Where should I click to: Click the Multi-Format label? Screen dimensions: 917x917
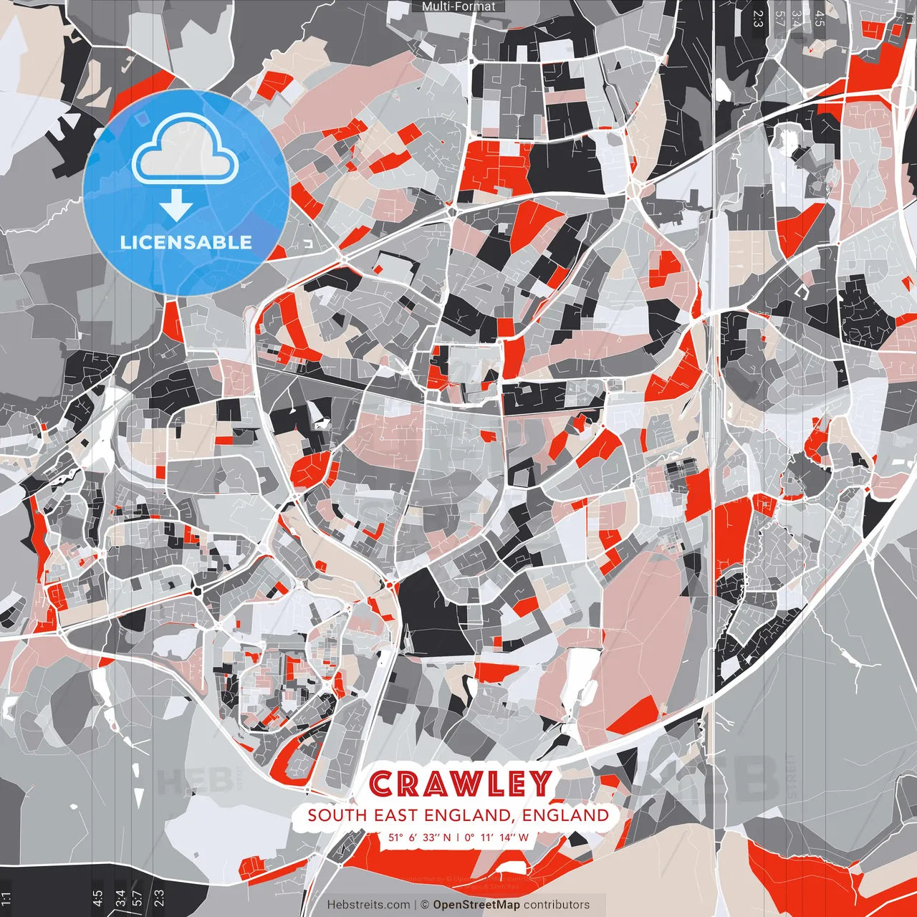point(458,6)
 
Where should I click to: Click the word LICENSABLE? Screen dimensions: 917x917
point(186,242)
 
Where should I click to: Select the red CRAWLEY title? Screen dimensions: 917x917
point(461,784)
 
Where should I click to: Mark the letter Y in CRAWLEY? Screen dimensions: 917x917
point(541,784)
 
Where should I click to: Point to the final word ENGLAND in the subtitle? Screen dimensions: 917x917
point(565,815)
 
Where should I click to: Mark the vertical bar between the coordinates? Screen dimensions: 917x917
point(458,837)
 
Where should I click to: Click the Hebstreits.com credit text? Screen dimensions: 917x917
point(368,905)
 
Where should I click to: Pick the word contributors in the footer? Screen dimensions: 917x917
point(557,905)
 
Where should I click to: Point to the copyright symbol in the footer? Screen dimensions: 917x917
point(424,905)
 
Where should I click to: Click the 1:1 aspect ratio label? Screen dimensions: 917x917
point(6,898)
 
